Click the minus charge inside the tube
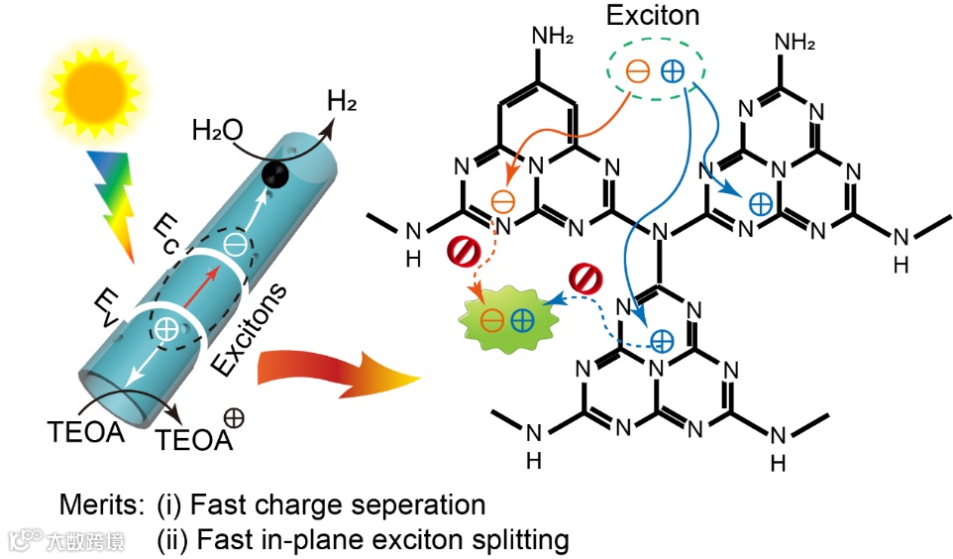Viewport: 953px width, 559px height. [x=234, y=243]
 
